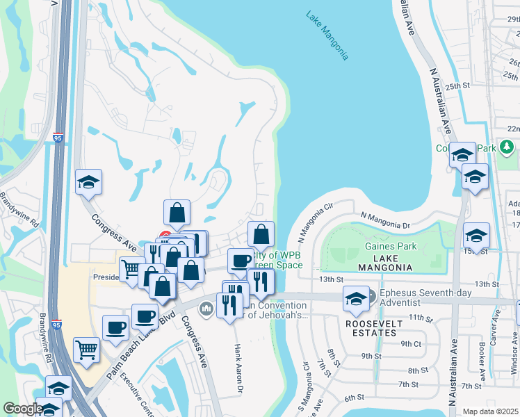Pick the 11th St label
(421, 317)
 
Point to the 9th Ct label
(411, 343)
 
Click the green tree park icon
(507, 147)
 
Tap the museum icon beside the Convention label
(206, 308)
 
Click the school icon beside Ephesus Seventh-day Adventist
(356, 300)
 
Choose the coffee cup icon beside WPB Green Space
(241, 261)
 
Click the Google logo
(23, 409)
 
